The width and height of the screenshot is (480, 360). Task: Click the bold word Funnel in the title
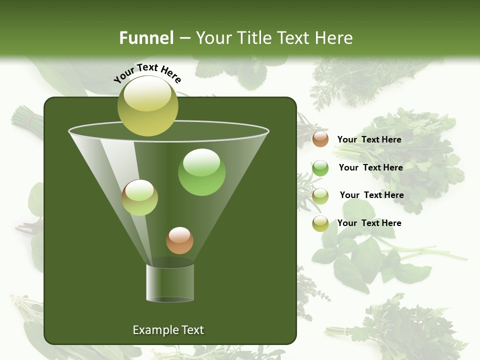click(x=146, y=38)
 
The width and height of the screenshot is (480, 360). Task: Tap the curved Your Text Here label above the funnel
click(x=147, y=73)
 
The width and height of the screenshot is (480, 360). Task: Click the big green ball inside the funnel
click(x=201, y=172)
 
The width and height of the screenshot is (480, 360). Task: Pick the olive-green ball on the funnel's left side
click(x=139, y=198)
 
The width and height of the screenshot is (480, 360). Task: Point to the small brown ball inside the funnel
click(x=179, y=240)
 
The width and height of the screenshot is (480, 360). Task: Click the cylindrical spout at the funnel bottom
click(x=170, y=282)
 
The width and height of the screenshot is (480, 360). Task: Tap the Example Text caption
click(x=168, y=330)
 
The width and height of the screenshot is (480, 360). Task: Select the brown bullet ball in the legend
click(x=320, y=139)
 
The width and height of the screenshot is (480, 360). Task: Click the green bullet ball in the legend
click(x=320, y=168)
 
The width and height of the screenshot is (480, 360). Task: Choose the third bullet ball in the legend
click(x=320, y=195)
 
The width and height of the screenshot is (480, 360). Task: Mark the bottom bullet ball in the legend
click(x=320, y=223)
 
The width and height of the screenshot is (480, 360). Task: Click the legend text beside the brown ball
click(x=369, y=139)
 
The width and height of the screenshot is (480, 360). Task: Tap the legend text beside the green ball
click(x=370, y=167)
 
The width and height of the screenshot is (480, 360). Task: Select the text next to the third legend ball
click(x=371, y=195)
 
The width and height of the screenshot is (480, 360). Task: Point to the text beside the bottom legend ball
click(x=369, y=223)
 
